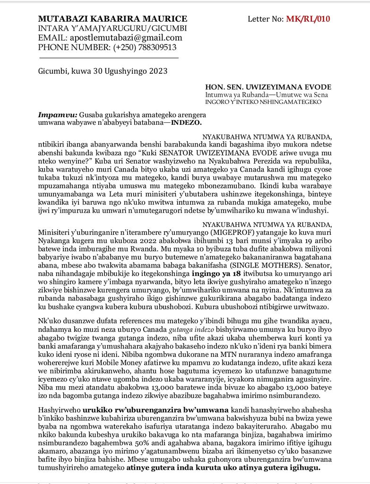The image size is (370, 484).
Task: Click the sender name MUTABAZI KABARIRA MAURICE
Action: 112,19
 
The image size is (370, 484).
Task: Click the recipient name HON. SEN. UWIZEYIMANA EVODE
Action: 268,87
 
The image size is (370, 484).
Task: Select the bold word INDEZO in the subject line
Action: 186,122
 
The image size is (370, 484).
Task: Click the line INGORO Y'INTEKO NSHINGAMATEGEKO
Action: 263,102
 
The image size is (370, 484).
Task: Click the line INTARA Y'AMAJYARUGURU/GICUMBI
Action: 112,28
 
